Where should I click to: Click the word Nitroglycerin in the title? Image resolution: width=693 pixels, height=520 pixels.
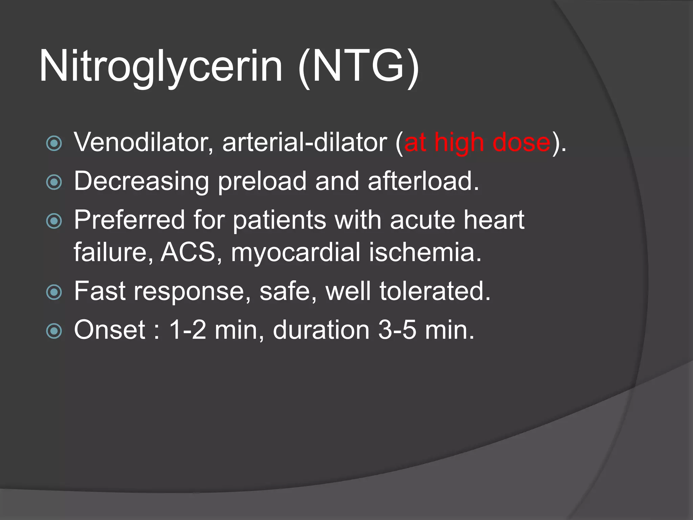coord(161,66)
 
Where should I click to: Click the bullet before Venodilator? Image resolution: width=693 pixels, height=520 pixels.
coord(54,143)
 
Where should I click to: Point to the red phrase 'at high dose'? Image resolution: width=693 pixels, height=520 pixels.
coord(477,142)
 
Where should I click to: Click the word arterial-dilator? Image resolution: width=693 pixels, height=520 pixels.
coord(305,142)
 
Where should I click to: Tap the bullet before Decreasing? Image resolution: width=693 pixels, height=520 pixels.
coord(54,182)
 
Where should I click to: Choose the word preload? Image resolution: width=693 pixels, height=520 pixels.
coord(262,182)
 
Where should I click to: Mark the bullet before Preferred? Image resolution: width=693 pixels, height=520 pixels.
coord(54,221)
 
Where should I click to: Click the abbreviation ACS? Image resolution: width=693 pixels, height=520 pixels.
coord(188,252)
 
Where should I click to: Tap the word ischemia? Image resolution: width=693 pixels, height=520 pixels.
coord(425,252)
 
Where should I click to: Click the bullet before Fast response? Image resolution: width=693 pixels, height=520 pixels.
coord(54,292)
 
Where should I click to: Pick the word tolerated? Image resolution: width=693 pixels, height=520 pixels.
coord(435,291)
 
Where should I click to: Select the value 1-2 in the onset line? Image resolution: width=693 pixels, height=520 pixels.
coord(187,330)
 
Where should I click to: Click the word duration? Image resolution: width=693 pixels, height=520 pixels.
coord(321,330)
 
